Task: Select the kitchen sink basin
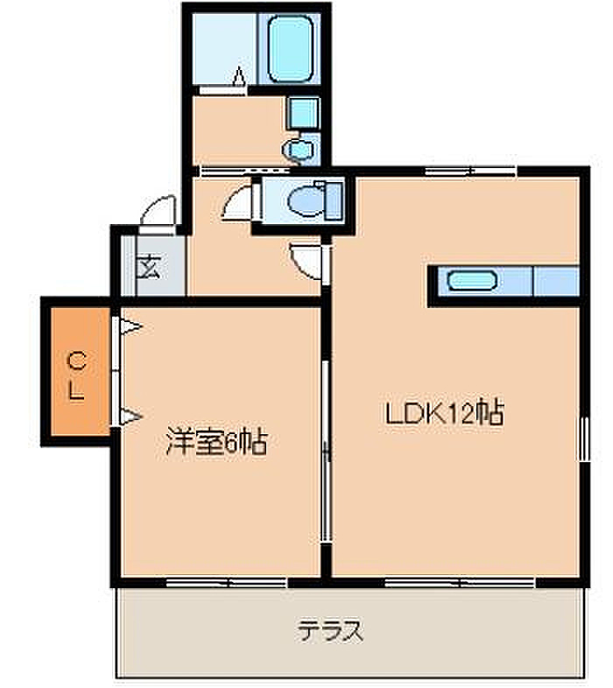pyautogui.click(x=472, y=282)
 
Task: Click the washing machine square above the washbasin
pyautogui.click(x=302, y=113)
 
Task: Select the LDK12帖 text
pyautogui.click(x=445, y=412)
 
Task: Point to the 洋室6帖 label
pyautogui.click(x=215, y=443)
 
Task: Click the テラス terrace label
pyautogui.click(x=330, y=630)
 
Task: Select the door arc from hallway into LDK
pyautogui.click(x=306, y=261)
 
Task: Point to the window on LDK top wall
pyautogui.click(x=470, y=170)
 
